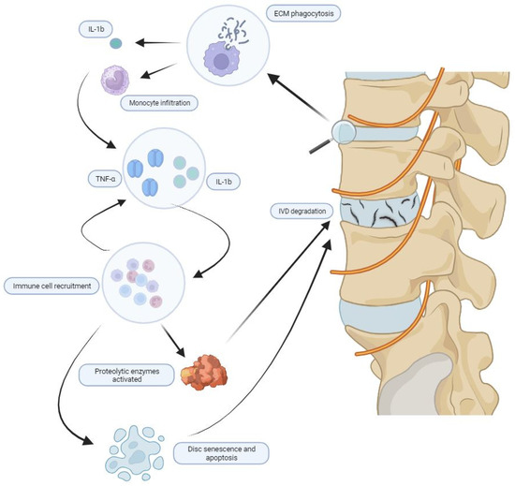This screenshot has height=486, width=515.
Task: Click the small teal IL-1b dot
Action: tap(116, 43)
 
